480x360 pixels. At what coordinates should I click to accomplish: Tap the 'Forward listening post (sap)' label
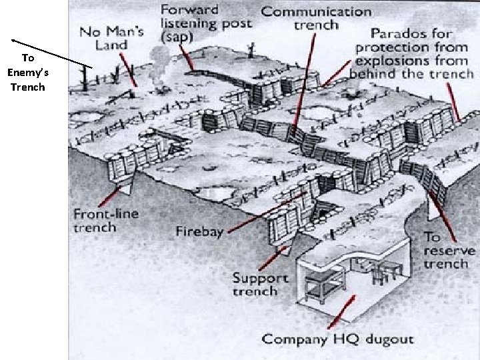tap(206, 24)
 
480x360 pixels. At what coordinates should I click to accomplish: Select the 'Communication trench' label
tap(316, 19)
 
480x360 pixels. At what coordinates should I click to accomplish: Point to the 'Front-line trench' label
tap(104, 221)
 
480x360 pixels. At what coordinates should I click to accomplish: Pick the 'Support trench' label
tap(260, 285)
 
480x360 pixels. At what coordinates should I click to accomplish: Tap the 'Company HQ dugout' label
tap(337, 339)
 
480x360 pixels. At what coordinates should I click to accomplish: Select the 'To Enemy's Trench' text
tap(28, 73)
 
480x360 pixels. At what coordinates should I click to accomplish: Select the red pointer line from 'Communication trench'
tap(305, 93)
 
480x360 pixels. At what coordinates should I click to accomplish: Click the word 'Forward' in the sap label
tap(191, 10)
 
